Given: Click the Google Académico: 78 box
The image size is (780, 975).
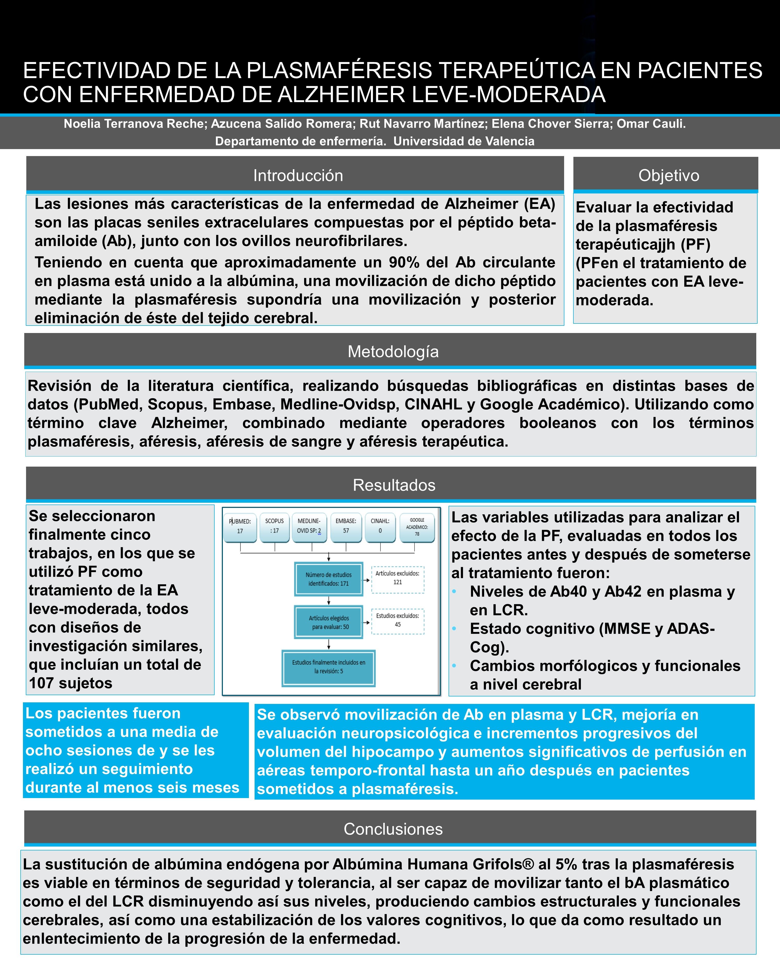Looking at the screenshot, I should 417,527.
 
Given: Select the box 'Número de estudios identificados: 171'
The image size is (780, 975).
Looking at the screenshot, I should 329,579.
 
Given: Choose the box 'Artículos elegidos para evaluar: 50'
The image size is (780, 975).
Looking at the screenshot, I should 329,622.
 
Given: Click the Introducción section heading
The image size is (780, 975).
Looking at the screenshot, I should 298,175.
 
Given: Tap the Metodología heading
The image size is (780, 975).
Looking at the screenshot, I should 393,351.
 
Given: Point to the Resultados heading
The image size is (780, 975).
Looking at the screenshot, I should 394,485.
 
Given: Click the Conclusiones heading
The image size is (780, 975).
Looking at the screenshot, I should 393,829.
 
